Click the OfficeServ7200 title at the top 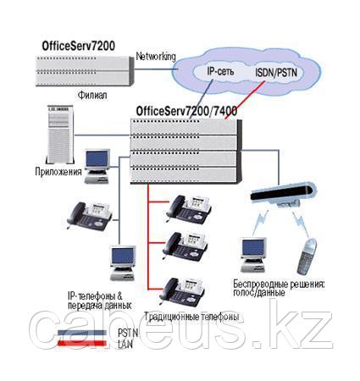pos(79,46)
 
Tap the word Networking pos(156,57)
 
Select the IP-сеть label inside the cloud pos(220,71)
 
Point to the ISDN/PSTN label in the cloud pos(276,73)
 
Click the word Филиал pos(92,95)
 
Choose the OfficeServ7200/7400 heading pos(186,111)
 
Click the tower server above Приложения pos(60,135)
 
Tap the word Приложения pos(58,172)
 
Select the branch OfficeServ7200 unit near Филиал pos(85,71)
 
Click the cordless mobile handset pos(307,257)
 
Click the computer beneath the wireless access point pos(253,255)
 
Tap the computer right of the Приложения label pos(97,167)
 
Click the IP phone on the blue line pos(89,216)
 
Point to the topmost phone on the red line pos(189,209)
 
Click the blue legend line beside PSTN pos(82,333)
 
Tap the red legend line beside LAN pos(82,343)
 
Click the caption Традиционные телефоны pos(191,317)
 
